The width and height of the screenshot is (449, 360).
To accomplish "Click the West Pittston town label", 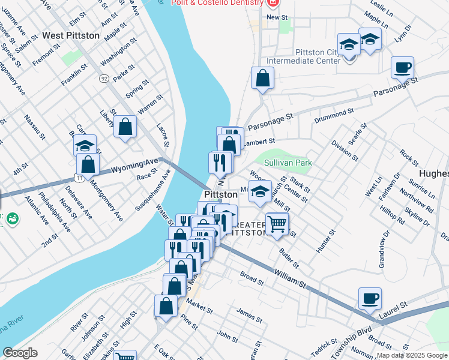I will click(x=71, y=36).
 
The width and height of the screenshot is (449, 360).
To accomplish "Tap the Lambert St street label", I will click(x=259, y=141).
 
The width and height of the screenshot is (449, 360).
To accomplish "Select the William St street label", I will click(x=290, y=277).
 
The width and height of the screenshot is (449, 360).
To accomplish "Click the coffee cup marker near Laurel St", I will click(x=370, y=298).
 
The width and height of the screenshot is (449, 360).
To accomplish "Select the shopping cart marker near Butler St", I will click(x=277, y=225).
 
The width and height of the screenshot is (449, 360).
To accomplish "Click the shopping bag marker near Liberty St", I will click(x=125, y=127).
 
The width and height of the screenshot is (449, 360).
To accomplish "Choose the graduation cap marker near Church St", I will click(x=260, y=191).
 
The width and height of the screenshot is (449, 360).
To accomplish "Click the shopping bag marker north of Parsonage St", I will click(x=262, y=78).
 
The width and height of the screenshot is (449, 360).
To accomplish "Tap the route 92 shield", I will click(x=104, y=79).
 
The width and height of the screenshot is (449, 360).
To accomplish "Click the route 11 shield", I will click(x=79, y=178).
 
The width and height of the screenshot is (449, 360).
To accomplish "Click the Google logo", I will click(x=20, y=353).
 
